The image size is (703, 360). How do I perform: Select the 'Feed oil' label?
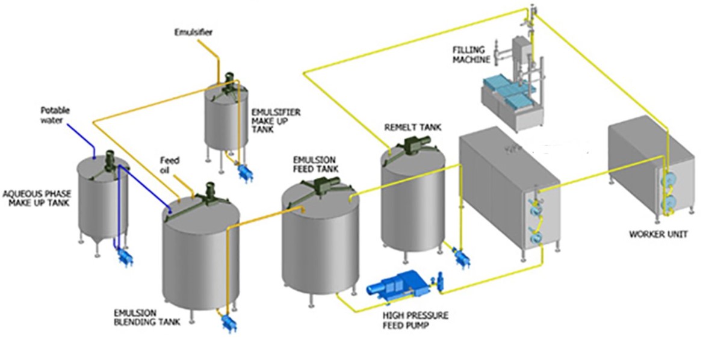pyautogui.click(x=169, y=165)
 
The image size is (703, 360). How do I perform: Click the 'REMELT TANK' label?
pyautogui.click(x=412, y=128)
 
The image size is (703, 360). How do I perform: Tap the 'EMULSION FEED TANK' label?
pyautogui.click(x=315, y=164)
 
